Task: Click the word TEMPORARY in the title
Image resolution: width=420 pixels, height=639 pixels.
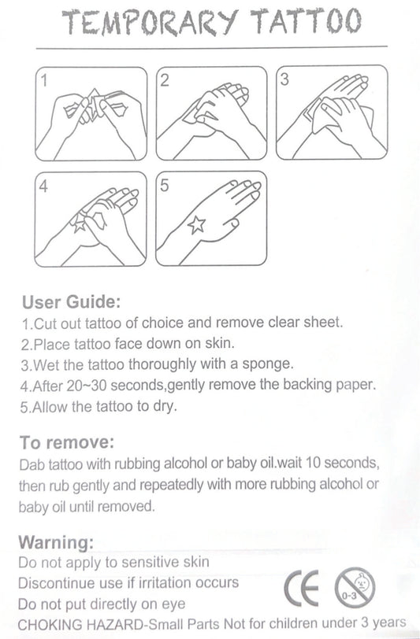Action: [x=150, y=21]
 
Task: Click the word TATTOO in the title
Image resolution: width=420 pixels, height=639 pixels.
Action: [x=306, y=20]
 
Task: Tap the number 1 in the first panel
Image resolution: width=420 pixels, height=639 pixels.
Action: [x=44, y=80]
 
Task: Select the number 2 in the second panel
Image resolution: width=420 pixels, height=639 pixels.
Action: [x=164, y=80]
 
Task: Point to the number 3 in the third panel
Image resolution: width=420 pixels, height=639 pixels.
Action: [x=284, y=79]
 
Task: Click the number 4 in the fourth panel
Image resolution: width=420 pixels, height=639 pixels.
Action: [x=43, y=187]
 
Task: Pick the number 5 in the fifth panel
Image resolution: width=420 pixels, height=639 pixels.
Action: [x=164, y=186]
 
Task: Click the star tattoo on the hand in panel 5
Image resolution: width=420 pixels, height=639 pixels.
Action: [x=196, y=224]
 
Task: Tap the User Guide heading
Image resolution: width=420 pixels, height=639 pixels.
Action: [x=72, y=302]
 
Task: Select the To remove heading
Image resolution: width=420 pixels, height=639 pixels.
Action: [x=66, y=442]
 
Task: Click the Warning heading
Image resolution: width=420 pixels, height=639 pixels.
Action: [x=56, y=542]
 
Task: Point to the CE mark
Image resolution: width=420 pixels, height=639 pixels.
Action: [x=301, y=587]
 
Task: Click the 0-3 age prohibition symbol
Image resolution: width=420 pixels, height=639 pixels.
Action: [x=355, y=588]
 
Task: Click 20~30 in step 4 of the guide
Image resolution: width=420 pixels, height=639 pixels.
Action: [x=86, y=385]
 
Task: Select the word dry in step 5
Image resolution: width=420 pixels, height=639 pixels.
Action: [x=165, y=406]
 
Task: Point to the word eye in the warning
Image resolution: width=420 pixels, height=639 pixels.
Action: [x=173, y=604]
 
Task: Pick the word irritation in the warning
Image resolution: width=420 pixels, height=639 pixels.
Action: [x=164, y=583]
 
